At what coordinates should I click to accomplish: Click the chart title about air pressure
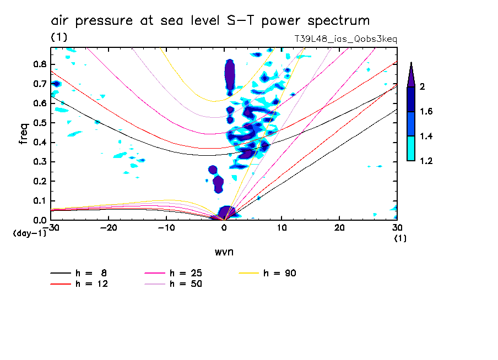(210, 21)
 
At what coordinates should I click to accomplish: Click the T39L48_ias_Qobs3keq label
(345, 39)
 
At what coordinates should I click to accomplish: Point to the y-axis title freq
(24, 134)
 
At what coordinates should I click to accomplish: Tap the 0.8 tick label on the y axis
(39, 64)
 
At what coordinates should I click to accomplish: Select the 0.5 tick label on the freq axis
(39, 123)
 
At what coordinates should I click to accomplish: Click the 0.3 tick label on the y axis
(39, 162)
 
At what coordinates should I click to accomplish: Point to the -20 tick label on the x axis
(109, 227)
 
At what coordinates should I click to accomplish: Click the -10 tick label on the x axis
(166, 227)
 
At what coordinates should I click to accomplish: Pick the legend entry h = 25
(187, 273)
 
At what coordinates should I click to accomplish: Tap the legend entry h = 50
(187, 284)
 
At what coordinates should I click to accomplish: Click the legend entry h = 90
(281, 273)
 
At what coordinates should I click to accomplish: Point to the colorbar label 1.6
(426, 112)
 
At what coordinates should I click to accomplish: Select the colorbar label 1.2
(426, 161)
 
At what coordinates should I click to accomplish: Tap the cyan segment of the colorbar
(411, 149)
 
